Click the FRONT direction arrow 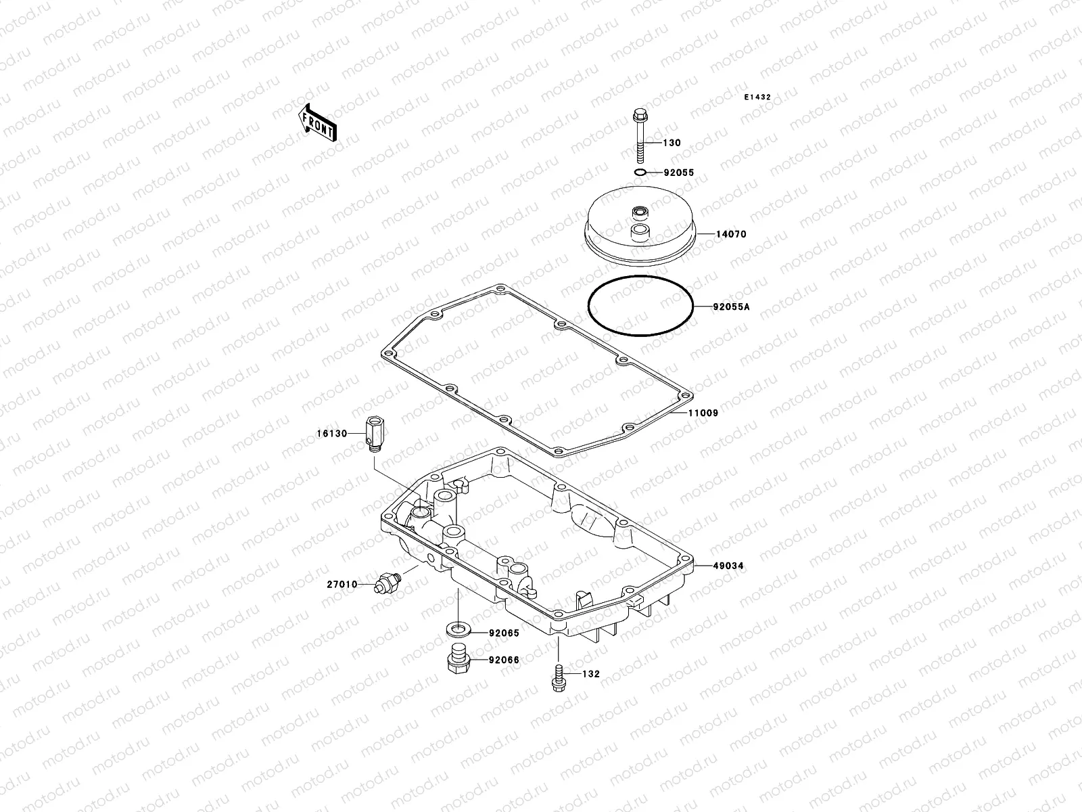[x=317, y=122]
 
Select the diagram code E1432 [x=757, y=97]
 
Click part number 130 [x=672, y=143]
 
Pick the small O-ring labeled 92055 [x=640, y=173]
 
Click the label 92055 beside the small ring [x=679, y=173]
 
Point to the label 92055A [x=731, y=307]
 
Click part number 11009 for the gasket [x=703, y=412]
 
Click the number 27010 [x=342, y=584]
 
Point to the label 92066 [x=504, y=659]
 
